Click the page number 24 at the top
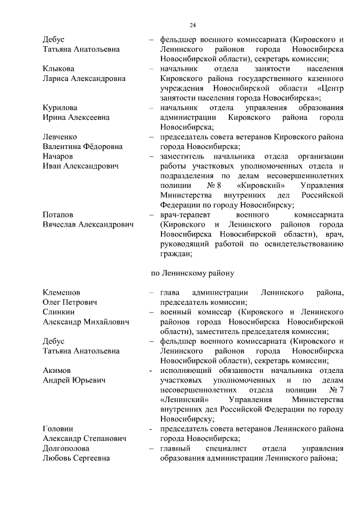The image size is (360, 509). tap(192, 25)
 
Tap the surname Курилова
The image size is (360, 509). tap(60, 107)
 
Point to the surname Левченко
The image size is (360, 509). tap(60, 137)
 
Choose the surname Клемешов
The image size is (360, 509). tap(61, 293)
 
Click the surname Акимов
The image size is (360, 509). tap(57, 371)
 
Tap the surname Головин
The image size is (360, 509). tap(58, 430)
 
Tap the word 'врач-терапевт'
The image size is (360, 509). tap(183, 215)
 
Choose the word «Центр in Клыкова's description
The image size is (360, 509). tap(330, 88)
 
